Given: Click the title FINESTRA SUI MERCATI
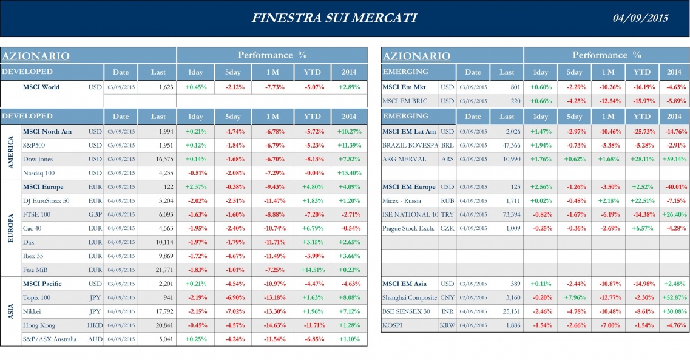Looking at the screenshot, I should click(x=334, y=18).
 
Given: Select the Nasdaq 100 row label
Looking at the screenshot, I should click(x=38, y=172).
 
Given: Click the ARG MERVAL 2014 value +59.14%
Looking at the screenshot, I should click(x=674, y=159).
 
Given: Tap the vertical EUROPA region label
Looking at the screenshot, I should click(x=10, y=228).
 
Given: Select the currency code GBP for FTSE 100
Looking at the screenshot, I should click(x=95, y=214).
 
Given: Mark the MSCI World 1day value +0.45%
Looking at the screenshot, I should click(x=195, y=87).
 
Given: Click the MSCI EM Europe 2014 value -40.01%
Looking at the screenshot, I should click(x=674, y=187).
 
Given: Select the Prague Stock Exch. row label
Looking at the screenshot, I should click(x=408, y=228).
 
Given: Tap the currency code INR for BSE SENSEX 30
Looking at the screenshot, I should click(x=447, y=312).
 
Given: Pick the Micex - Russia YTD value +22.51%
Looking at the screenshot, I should click(x=642, y=200).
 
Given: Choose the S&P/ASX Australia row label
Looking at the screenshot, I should click(x=50, y=339).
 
